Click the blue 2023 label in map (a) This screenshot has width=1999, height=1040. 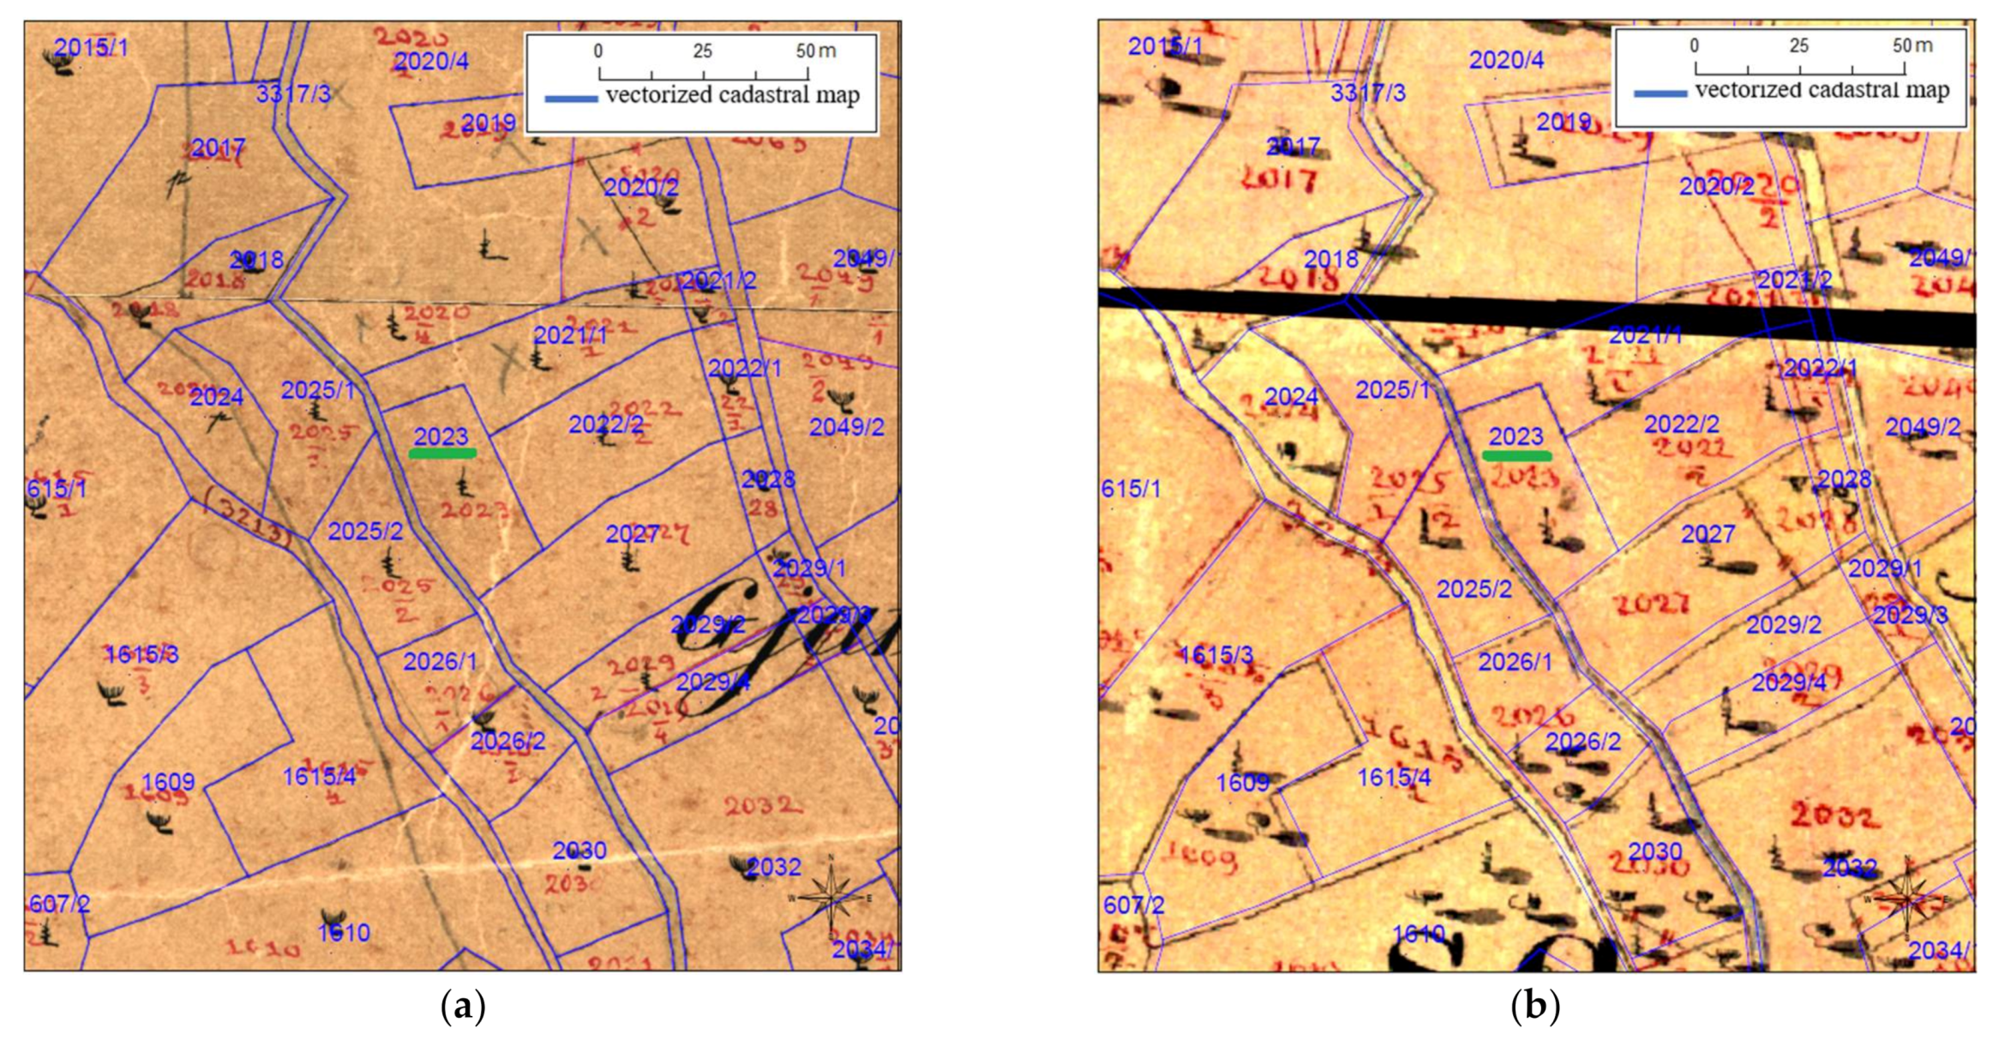point(441,436)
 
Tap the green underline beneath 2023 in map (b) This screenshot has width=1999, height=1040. point(1516,456)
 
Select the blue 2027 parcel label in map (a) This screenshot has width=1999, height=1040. point(632,534)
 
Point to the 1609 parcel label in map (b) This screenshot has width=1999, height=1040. point(1242,782)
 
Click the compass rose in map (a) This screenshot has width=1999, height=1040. point(831,897)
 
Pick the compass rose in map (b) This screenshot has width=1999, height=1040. point(1906,897)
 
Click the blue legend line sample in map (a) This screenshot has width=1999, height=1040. point(571,99)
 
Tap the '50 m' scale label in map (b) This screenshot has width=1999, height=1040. point(1912,45)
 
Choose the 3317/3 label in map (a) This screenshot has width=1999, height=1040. point(293,94)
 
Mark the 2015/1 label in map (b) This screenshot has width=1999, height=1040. point(1165,46)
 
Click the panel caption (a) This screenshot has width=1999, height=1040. point(462,1006)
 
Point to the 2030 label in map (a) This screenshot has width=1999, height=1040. point(579,851)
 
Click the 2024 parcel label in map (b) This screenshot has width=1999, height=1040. point(1291,397)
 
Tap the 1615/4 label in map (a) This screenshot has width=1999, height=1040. point(319,777)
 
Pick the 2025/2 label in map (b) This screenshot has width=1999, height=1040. point(1474,589)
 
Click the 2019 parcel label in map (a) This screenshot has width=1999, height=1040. point(488,123)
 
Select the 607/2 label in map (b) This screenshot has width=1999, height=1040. point(1133,905)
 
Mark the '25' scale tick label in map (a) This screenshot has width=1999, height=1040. point(702,51)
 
